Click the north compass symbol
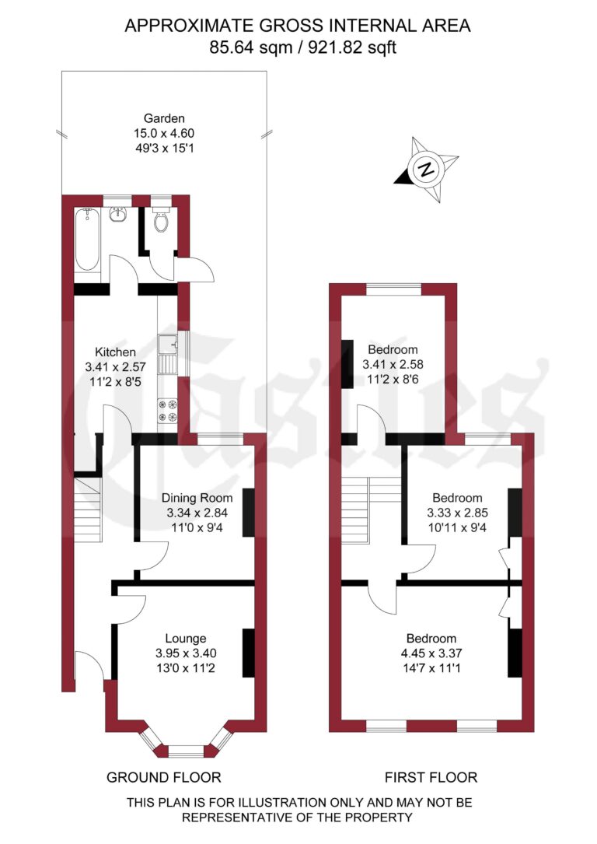(x=424, y=169)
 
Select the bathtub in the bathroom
(x=87, y=240)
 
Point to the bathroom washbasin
(x=119, y=214)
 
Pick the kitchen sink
(x=167, y=352)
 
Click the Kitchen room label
(x=115, y=351)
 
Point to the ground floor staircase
(x=88, y=510)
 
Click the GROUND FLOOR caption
(x=163, y=777)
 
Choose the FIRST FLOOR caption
(x=431, y=777)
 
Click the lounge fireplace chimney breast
(x=249, y=653)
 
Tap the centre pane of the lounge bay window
(x=184, y=751)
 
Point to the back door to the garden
(x=194, y=270)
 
